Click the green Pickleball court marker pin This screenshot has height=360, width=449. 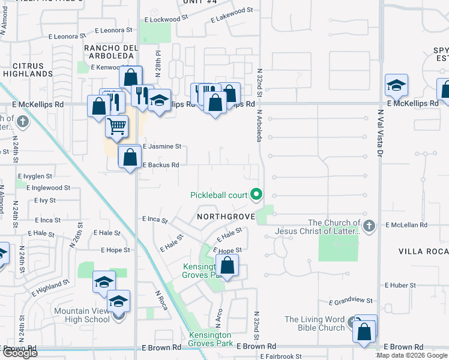click(x=257, y=194)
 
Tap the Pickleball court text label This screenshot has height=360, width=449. click(x=219, y=195)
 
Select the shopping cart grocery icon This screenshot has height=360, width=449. click(x=117, y=127)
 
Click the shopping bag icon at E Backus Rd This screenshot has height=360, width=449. click(x=130, y=158)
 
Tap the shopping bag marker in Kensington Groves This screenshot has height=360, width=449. click(x=228, y=266)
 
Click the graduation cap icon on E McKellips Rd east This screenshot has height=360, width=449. click(x=396, y=86)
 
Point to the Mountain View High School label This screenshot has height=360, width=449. click(x=82, y=315)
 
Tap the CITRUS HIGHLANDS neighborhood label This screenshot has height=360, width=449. click(x=28, y=70)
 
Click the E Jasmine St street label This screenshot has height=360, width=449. click(x=161, y=146)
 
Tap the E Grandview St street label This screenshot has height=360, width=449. click(x=351, y=301)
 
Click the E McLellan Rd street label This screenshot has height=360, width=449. click(x=406, y=225)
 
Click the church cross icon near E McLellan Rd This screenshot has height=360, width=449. click(x=369, y=226)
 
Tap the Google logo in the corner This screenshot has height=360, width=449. click(x=19, y=353)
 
